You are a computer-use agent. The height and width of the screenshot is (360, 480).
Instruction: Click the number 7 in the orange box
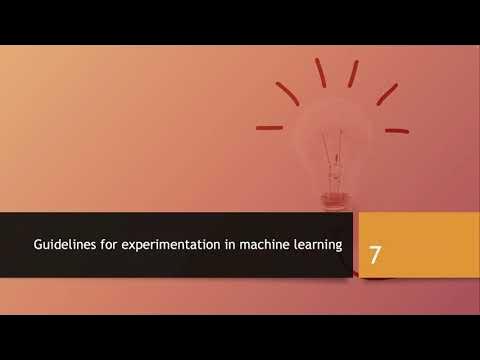coord(375,254)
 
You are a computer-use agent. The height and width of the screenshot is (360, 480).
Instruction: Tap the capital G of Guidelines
coord(39,244)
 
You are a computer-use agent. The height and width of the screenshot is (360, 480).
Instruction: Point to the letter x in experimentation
coord(127,244)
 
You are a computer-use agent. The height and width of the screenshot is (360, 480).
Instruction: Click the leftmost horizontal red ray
coord(269,128)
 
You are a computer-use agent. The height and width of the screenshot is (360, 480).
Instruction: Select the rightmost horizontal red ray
coord(397,130)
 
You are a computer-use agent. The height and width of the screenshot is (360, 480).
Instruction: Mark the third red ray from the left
coord(321,72)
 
